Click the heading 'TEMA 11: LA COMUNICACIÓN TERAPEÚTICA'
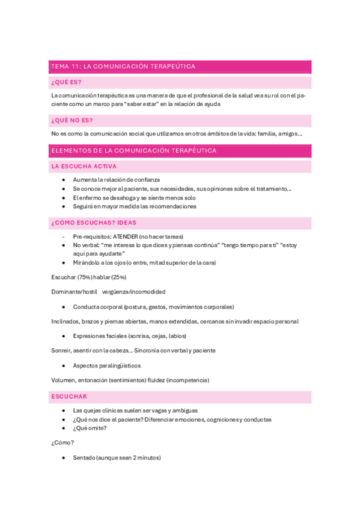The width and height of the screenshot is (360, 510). (x=123, y=67)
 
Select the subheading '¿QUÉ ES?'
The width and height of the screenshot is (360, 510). (x=67, y=82)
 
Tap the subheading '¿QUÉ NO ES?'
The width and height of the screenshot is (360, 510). (x=72, y=120)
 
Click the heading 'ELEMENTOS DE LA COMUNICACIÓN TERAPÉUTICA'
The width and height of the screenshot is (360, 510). (x=134, y=150)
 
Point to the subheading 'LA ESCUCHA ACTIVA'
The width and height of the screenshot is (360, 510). (x=84, y=166)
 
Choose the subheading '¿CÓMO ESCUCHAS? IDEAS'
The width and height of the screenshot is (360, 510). (x=94, y=223)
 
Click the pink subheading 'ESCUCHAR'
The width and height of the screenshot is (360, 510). (x=69, y=396)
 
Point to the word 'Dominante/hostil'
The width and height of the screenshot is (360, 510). (x=73, y=291)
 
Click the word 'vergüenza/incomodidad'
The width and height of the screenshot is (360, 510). (x=133, y=291)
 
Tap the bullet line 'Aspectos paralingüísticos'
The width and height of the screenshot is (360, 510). (x=106, y=365)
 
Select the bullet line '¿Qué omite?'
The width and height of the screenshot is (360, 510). (x=90, y=428)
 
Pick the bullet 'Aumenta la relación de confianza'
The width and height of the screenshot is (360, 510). (x=116, y=180)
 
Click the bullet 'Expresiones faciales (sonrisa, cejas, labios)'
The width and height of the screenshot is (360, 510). (x=129, y=336)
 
